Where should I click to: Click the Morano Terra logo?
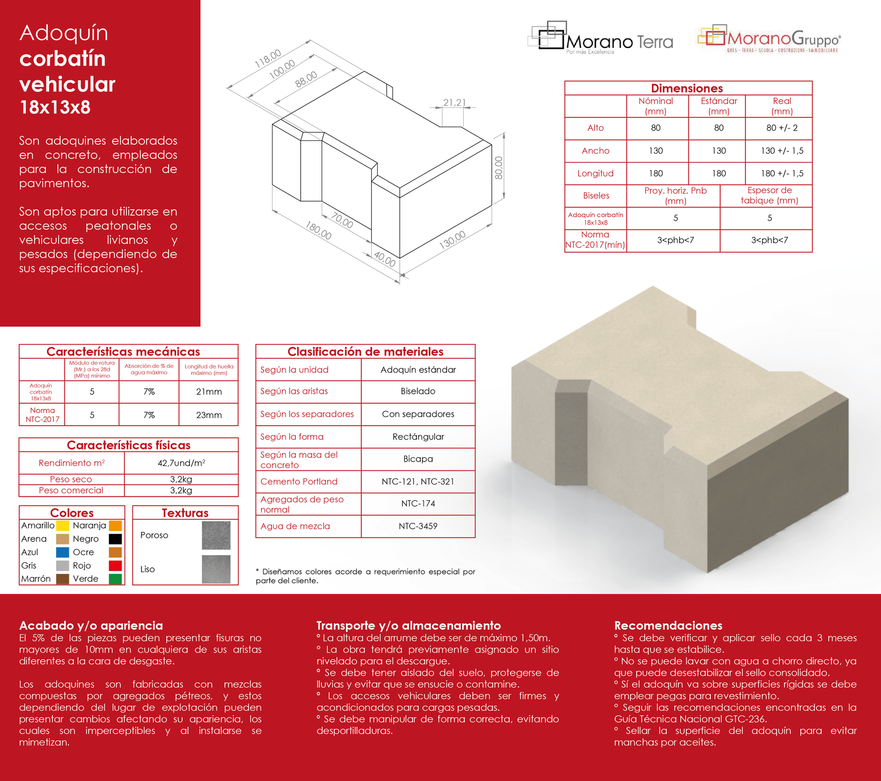pos(600,38)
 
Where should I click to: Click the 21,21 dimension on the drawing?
pos(454,102)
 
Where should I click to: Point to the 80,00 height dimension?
pos(498,167)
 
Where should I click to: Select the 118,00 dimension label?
pos(268,58)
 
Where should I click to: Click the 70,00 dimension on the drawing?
pos(342,221)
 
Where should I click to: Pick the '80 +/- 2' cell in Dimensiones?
pos(782,128)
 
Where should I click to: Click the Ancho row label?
pos(595,151)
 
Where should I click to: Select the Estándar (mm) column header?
pos(719,106)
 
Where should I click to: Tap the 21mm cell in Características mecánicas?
pos(209,392)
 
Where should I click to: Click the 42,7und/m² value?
pos(181,463)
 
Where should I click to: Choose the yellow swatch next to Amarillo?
pos(63,525)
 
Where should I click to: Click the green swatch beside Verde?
pos(115,579)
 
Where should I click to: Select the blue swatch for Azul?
pos(63,552)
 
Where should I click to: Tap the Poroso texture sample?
pos(216,535)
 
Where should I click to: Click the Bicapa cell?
pos(418,459)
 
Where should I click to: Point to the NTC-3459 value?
pos(418,526)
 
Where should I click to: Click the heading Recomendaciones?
pos(668,625)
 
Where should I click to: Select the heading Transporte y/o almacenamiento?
pos(409,625)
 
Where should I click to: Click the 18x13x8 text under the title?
pos(55,107)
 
